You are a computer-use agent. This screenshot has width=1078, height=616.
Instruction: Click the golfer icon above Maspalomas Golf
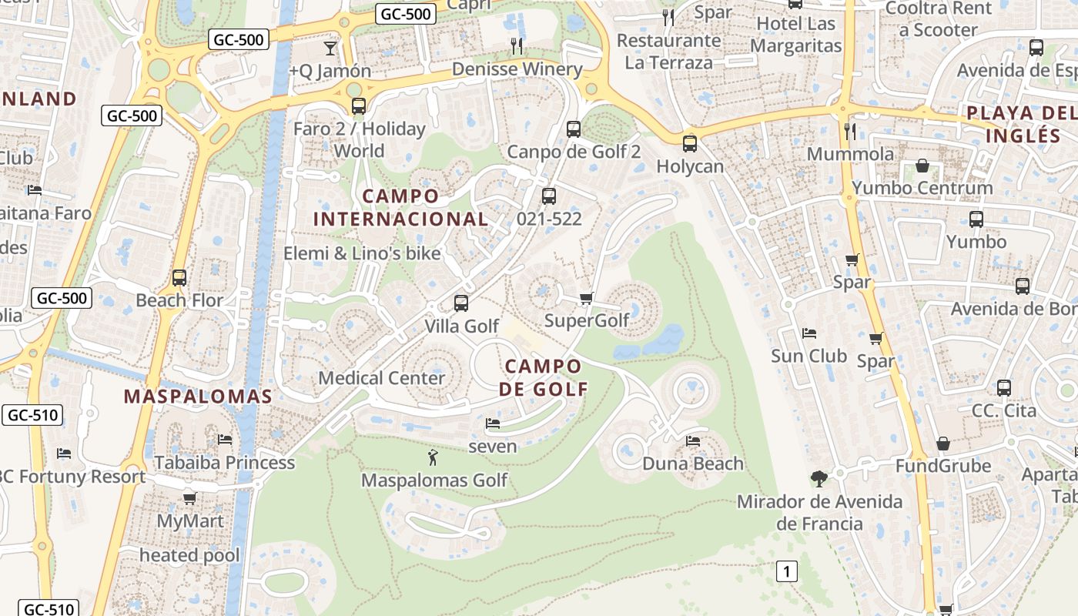(x=433, y=457)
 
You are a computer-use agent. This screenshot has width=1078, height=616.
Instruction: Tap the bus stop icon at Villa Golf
(x=461, y=303)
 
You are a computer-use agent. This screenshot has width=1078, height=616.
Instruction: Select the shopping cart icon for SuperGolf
(x=586, y=298)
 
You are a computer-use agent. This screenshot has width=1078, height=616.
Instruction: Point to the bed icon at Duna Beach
(x=693, y=441)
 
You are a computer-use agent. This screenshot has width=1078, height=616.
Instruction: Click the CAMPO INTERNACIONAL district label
(x=400, y=208)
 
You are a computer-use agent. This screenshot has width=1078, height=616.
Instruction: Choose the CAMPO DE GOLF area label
(x=543, y=377)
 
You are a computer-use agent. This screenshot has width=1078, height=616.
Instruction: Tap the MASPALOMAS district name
(x=198, y=397)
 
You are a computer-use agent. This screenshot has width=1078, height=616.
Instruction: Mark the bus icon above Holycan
(x=690, y=143)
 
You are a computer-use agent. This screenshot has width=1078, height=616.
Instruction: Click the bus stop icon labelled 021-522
(x=549, y=196)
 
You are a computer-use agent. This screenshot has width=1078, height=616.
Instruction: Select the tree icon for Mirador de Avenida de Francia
(x=819, y=479)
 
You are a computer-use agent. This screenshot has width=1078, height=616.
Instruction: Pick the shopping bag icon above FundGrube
(x=942, y=444)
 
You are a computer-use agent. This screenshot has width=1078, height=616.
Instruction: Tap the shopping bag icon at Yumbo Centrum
(x=922, y=166)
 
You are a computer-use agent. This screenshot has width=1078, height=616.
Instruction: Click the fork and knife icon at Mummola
(x=850, y=131)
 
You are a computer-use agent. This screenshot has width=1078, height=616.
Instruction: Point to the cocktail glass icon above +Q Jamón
(x=330, y=49)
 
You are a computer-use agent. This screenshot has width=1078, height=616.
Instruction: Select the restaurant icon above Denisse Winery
(x=517, y=46)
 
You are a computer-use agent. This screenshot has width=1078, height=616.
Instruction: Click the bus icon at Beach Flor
(x=179, y=278)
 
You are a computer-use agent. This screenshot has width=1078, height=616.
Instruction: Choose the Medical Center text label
(x=381, y=378)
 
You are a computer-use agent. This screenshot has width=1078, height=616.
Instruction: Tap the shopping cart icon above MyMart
(x=189, y=498)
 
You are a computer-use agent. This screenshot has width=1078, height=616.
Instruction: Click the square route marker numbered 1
(x=786, y=571)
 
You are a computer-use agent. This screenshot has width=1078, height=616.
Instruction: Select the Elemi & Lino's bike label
(x=362, y=253)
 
